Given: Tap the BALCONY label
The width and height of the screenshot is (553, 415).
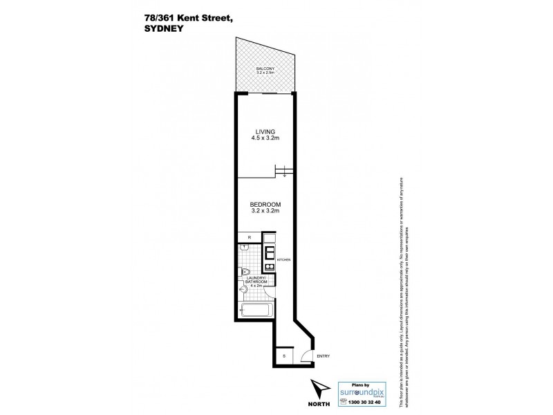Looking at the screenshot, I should point(265,68).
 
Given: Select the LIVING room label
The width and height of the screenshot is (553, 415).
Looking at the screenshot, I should point(265,131).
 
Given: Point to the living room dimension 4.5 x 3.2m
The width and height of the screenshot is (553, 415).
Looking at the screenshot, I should point(265,138).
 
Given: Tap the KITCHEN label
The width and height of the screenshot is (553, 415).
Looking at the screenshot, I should point(283,259).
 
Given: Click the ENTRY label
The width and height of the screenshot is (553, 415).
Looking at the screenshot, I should point(323,356).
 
